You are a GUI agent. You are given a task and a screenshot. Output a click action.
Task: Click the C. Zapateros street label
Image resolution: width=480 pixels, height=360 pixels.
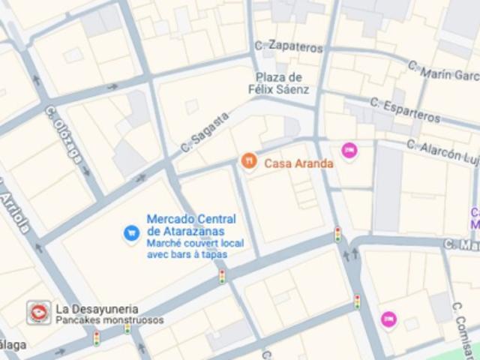(288, 45)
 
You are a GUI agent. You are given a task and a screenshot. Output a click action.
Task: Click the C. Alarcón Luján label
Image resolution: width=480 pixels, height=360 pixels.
(442, 151)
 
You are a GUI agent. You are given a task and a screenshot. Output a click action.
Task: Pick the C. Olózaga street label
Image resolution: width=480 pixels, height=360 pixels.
(64, 134)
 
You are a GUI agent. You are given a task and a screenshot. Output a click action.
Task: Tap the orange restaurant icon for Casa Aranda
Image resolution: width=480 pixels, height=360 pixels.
(249, 161)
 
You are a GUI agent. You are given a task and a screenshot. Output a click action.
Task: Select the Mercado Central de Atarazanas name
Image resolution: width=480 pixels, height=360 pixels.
(190, 225)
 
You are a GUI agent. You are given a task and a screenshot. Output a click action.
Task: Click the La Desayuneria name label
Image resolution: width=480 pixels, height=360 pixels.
(97, 308)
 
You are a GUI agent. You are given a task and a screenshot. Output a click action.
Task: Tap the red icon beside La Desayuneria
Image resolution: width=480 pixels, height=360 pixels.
(38, 312)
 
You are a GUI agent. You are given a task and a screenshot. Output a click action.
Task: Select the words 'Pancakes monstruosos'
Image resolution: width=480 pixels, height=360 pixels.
(109, 320)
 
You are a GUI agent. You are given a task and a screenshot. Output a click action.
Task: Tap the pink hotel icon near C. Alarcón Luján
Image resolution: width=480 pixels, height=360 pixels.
(349, 151)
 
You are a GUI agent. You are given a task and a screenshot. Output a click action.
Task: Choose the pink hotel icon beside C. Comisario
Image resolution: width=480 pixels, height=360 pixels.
(388, 319)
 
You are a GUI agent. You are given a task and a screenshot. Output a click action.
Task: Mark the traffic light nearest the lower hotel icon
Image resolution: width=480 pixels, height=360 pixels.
(357, 301)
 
